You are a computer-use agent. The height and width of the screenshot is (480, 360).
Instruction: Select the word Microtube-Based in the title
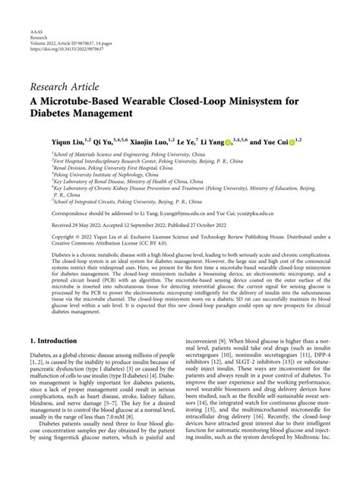pos(99,99)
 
